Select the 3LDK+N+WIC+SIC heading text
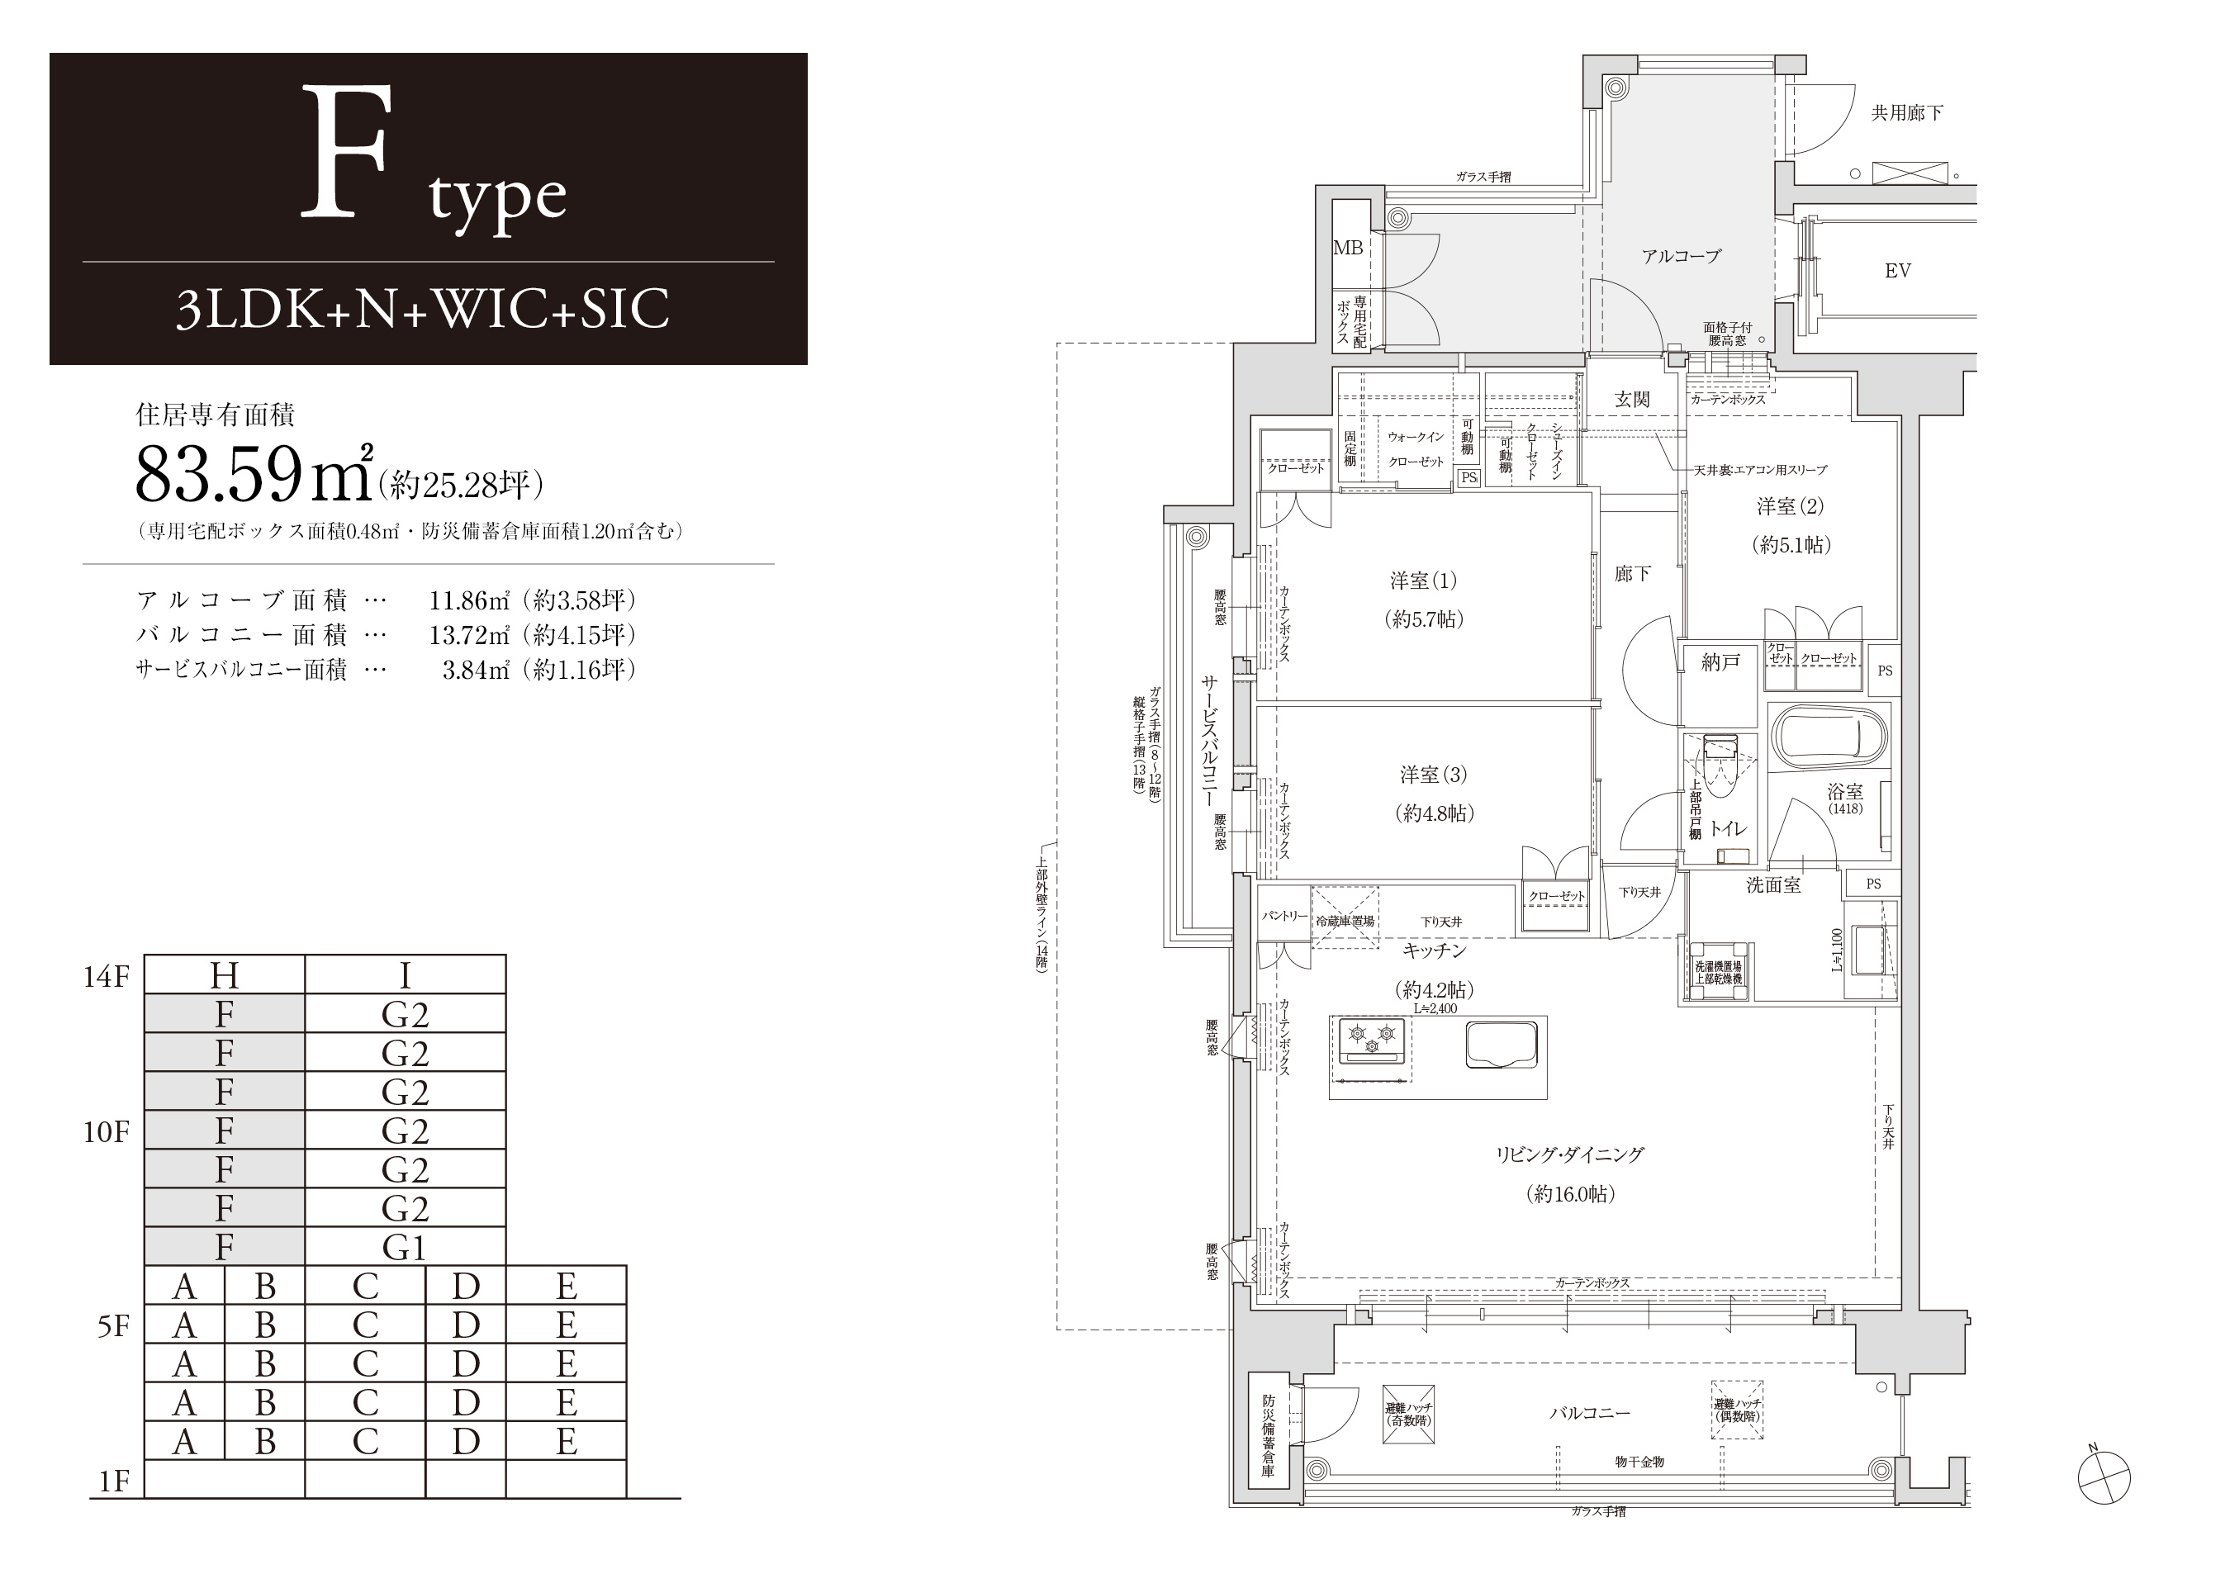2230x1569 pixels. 423,310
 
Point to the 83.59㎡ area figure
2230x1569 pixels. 254,474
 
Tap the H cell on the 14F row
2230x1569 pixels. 225,974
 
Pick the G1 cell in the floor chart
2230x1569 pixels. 405,1248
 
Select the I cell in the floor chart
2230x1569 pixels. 405,974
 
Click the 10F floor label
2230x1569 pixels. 106,1132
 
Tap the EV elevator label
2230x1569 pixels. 1897,271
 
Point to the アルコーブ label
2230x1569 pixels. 1682,256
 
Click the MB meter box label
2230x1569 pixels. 1347,248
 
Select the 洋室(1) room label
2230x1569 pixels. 1423,581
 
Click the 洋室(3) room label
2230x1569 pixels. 1433,775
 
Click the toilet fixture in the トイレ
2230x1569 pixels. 1720,777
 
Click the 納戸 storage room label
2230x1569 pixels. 1720,662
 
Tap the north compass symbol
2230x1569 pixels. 2104,1480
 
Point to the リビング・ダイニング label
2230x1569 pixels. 1569,1154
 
